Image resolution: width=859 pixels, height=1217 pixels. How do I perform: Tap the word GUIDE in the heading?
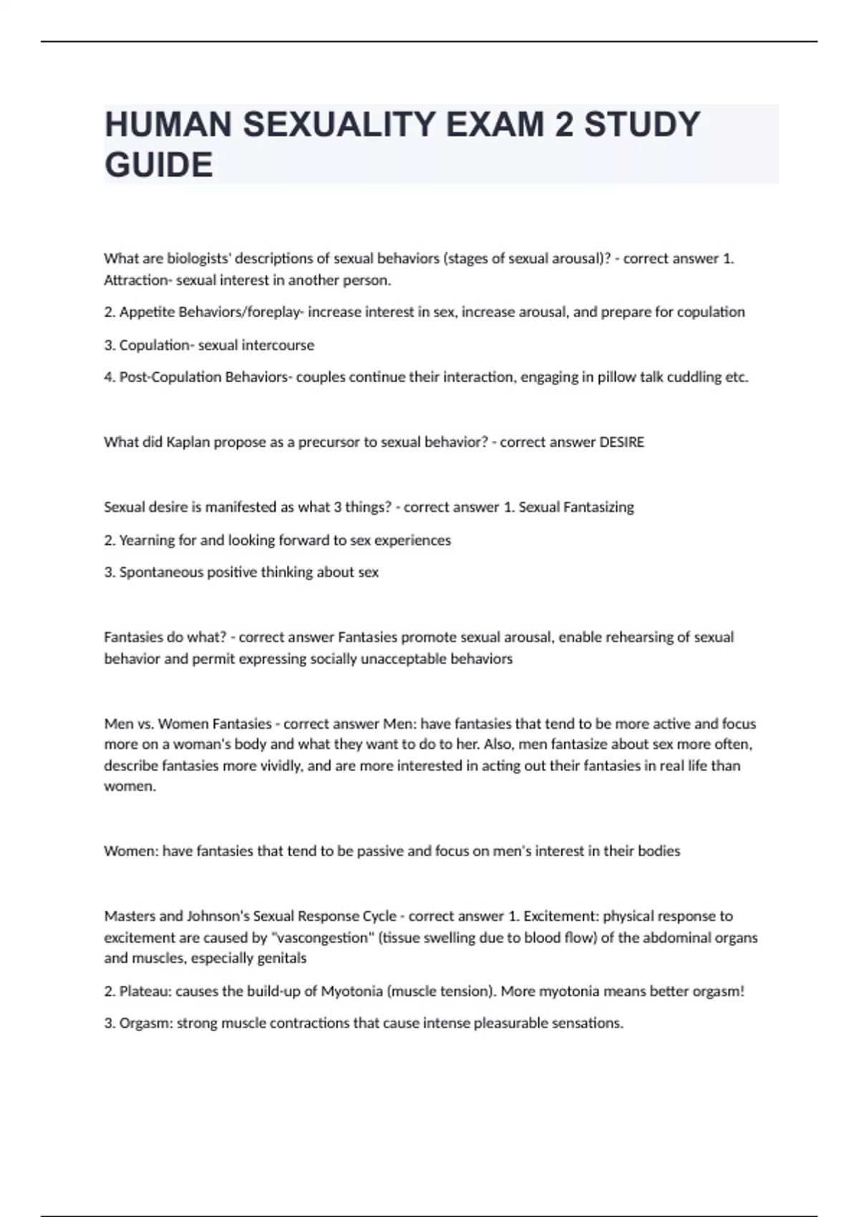point(159,165)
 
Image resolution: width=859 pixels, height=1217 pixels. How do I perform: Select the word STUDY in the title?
point(642,125)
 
